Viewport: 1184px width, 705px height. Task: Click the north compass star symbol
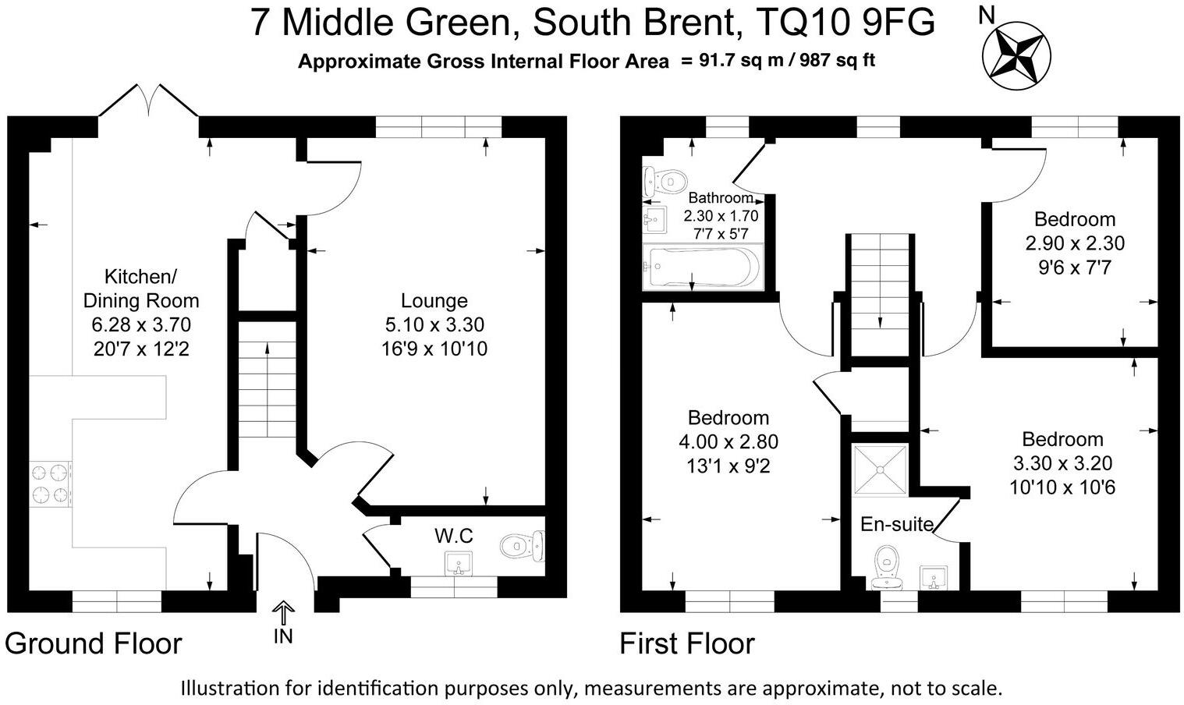(x=1012, y=53)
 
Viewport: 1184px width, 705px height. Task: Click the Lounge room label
(x=434, y=300)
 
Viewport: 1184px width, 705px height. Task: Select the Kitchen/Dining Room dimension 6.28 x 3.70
(x=141, y=324)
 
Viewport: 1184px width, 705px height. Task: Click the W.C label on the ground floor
(x=454, y=537)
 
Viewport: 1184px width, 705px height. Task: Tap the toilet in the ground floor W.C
(x=522, y=544)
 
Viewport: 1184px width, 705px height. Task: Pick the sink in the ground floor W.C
(x=459, y=563)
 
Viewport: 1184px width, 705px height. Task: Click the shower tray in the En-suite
(x=881, y=469)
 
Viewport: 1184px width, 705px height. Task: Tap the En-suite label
(x=896, y=525)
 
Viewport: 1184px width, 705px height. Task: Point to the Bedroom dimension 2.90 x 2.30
(x=1075, y=243)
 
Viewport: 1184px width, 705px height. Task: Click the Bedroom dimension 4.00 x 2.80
(x=728, y=442)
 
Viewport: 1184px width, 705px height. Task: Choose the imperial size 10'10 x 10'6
(x=1062, y=487)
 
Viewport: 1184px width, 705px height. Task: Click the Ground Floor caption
(x=94, y=644)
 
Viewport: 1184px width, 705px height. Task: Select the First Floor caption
(x=686, y=644)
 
